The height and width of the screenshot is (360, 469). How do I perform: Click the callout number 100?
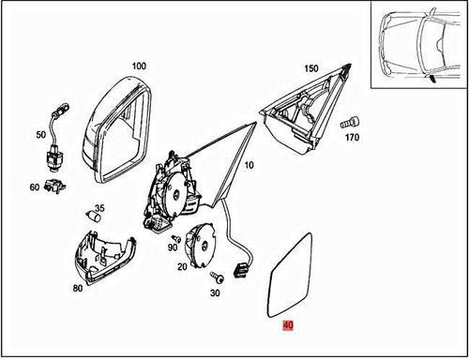139,67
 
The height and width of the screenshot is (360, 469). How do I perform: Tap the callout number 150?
312,69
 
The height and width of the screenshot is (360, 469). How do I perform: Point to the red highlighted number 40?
288,326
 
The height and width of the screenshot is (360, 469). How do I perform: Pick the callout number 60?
35,187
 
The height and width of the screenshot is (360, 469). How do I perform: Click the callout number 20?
181,267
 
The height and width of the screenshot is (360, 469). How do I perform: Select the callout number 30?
215,293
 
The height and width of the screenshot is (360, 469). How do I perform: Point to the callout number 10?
250,166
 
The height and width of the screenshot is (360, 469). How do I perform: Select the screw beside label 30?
215,277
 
